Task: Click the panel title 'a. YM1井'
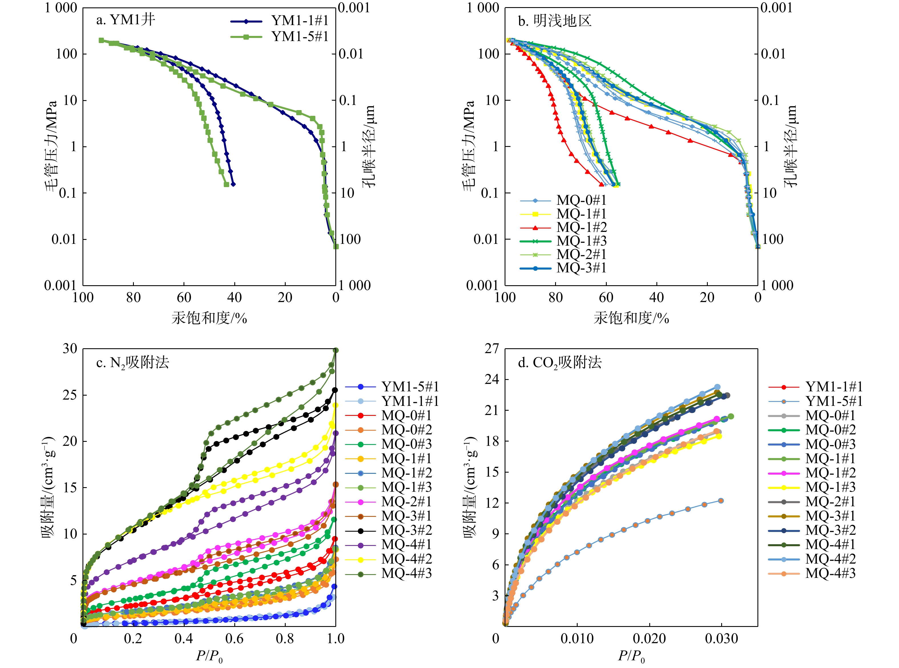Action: click(x=125, y=20)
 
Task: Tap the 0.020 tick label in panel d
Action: click(x=649, y=639)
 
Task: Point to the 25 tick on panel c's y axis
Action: click(x=70, y=395)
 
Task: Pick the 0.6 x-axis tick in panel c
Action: click(x=234, y=639)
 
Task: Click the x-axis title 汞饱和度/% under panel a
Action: click(x=209, y=319)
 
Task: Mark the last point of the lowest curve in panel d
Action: click(x=721, y=501)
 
